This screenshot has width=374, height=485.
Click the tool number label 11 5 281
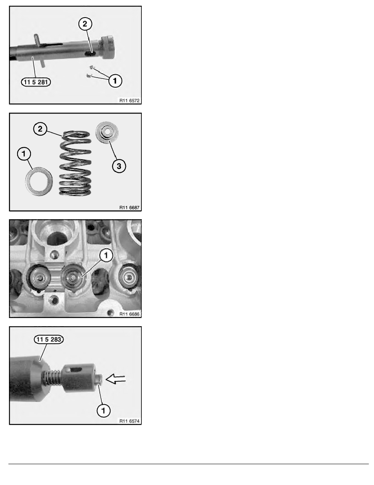(36, 81)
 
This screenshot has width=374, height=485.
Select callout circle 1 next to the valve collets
(115, 81)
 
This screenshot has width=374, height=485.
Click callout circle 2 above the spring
(40, 129)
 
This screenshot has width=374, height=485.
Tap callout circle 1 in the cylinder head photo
(105, 255)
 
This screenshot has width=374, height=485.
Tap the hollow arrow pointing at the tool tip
(116, 379)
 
